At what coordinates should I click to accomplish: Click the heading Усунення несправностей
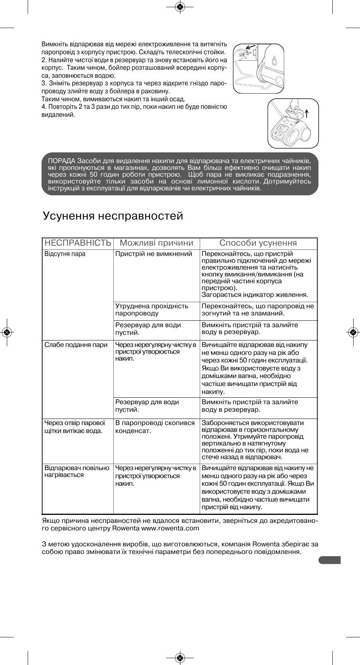tap(113, 216)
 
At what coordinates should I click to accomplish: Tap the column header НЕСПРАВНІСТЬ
tap(78, 243)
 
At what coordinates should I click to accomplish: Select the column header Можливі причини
tap(157, 243)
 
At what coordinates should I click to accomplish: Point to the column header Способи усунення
tap(258, 243)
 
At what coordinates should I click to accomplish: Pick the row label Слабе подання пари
tap(76, 345)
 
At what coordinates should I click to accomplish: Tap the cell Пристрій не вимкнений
tap(154, 254)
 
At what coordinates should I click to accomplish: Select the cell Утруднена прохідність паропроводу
tap(152, 310)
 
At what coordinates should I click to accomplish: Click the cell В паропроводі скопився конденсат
tap(155, 427)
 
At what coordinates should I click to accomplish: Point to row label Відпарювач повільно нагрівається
tap(77, 472)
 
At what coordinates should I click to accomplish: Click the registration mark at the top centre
tap(180, 7)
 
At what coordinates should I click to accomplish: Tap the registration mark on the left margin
tap(7, 332)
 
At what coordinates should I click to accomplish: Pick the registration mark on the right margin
tap(353, 332)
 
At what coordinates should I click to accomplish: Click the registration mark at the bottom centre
tap(180, 658)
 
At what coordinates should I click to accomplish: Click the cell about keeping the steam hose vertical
tap(258, 440)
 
